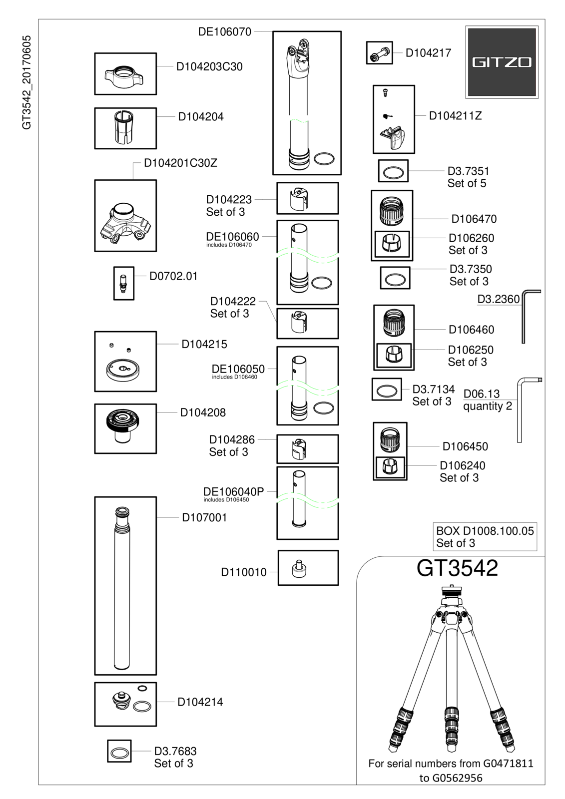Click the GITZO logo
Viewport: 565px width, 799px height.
(502, 62)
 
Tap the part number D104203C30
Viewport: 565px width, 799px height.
(209, 67)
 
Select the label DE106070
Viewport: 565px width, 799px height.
(225, 32)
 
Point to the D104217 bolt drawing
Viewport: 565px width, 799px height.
(380, 53)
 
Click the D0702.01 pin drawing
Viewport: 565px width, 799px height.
(123, 283)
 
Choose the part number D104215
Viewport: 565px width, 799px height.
(204, 344)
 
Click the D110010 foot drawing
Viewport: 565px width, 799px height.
(298, 569)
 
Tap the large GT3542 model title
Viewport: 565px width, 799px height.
(457, 568)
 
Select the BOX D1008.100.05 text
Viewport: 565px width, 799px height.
(485, 531)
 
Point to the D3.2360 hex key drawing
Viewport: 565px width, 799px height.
(524, 316)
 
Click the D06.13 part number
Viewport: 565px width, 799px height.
(482, 394)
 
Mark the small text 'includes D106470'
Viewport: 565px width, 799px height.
(229, 245)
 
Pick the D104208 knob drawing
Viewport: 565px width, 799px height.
(122, 426)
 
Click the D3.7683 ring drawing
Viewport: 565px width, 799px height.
(119, 753)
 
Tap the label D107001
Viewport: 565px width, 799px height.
(204, 517)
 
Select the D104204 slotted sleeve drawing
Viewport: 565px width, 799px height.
(123, 127)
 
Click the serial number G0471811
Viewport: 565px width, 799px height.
(508, 764)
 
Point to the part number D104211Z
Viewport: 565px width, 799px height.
(456, 116)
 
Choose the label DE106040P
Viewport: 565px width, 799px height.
(233, 492)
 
